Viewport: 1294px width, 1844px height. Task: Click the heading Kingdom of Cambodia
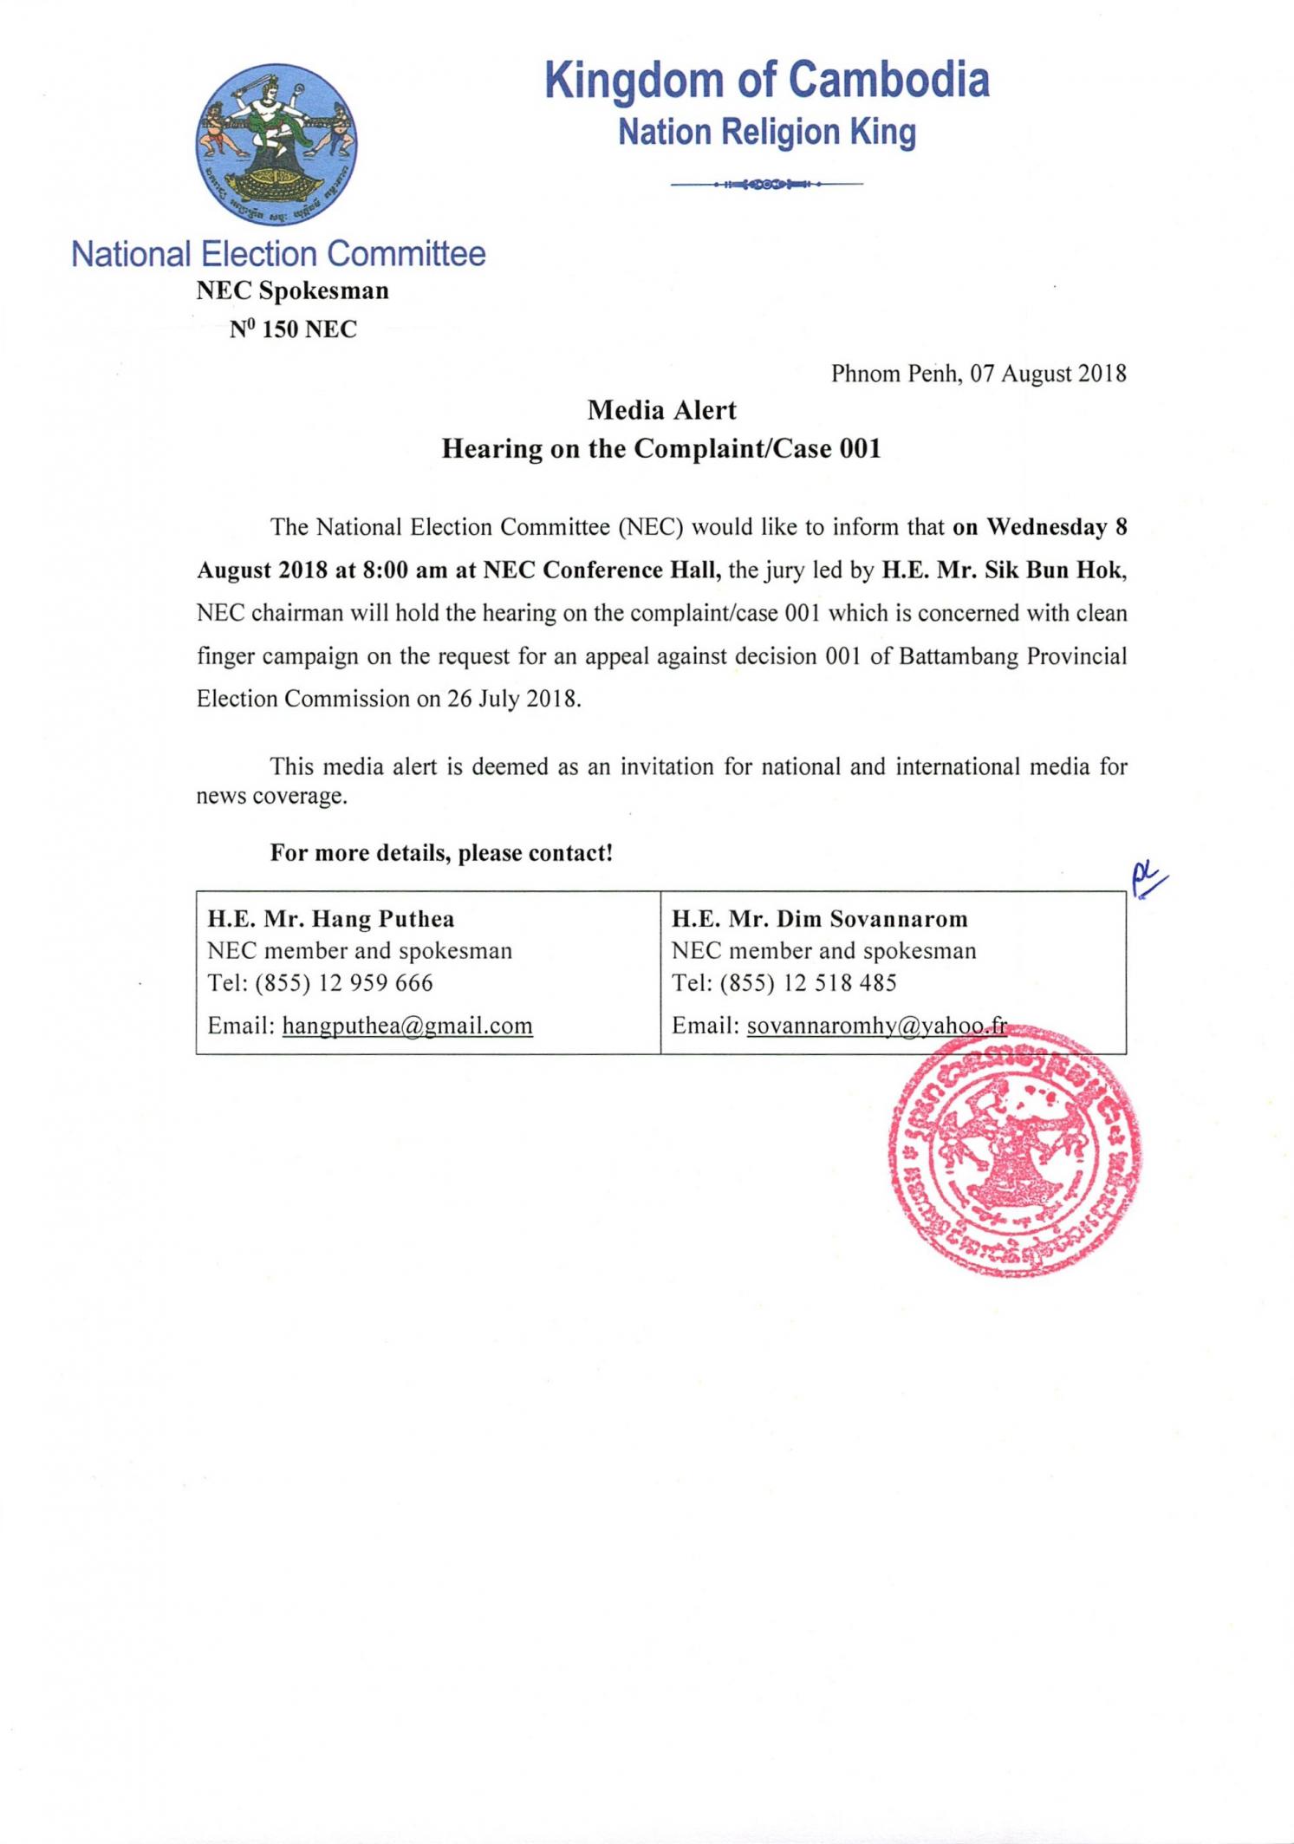tap(767, 81)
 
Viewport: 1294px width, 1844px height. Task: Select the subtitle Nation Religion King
tap(767, 133)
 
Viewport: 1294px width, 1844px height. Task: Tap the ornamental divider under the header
tap(767, 185)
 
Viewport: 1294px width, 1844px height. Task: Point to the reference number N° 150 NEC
tap(293, 329)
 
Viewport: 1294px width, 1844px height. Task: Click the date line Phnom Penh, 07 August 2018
tap(979, 374)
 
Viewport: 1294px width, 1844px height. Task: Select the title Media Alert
tap(661, 410)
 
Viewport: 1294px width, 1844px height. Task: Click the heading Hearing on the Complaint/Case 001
tap(661, 448)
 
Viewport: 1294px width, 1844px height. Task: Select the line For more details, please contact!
tap(441, 853)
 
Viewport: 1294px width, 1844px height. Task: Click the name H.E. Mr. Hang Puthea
tap(330, 919)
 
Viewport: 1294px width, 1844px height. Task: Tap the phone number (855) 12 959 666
tap(344, 983)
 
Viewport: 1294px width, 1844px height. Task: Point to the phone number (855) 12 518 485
tap(808, 983)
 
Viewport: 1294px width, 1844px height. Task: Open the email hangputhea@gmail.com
tap(407, 1026)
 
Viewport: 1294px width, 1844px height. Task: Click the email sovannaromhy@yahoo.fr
tap(876, 1026)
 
